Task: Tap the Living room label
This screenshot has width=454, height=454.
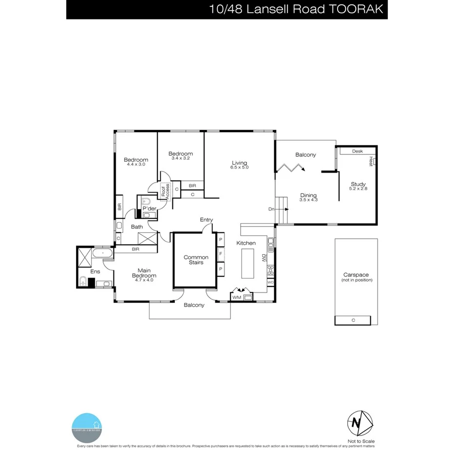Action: pos(239,163)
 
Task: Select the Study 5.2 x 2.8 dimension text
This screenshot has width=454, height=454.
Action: pos(358,189)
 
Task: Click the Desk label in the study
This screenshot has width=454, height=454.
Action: pos(358,151)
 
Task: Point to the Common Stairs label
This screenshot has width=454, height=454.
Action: pos(196,260)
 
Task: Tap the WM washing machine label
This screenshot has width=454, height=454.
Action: pos(236,297)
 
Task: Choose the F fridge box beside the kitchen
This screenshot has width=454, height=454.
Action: pos(220,254)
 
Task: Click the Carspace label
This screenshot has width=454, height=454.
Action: pos(358,275)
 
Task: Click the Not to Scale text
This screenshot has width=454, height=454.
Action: pos(358,441)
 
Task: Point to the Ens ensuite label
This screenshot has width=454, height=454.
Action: pos(95,272)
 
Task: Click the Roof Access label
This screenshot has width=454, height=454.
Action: pos(165,191)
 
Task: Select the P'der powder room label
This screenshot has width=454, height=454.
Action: pos(149,208)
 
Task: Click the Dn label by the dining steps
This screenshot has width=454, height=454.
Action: pos(271,209)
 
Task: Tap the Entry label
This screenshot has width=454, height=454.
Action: pos(206,220)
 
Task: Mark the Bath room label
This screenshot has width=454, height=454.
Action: pos(137,227)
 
